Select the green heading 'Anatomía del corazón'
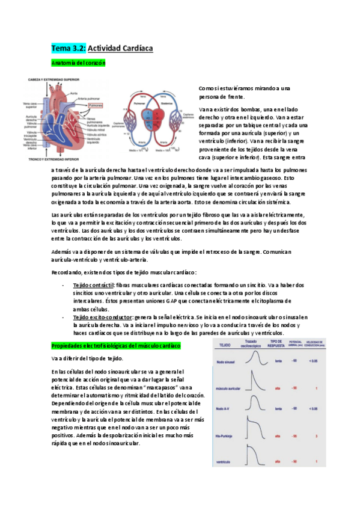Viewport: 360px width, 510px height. [x=79, y=63]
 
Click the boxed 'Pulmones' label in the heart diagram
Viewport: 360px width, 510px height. [x=96, y=104]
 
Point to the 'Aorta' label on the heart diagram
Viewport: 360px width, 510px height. [x=73, y=93]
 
